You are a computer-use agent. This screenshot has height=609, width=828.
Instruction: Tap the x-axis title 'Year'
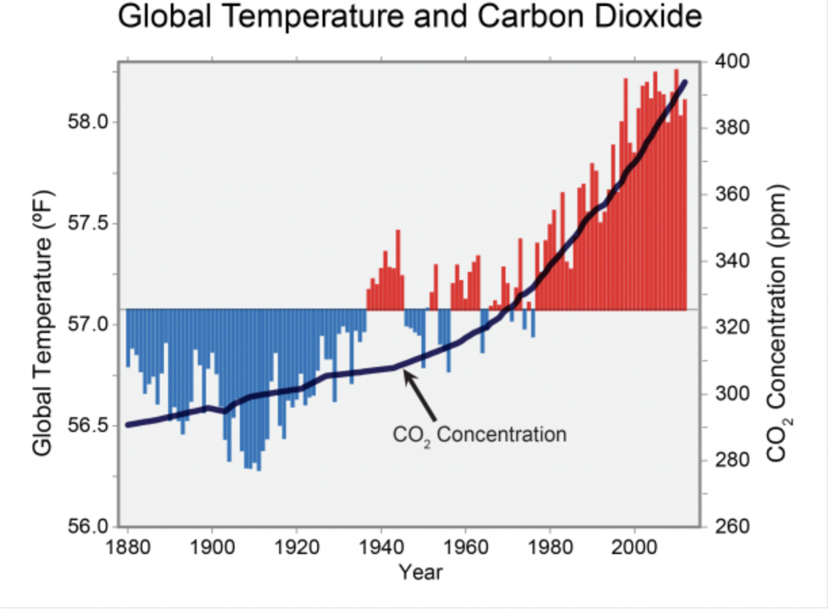click(x=420, y=573)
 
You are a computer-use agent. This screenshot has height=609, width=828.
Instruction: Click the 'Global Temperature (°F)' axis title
click(x=43, y=322)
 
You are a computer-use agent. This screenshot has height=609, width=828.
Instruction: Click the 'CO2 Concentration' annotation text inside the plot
click(x=480, y=433)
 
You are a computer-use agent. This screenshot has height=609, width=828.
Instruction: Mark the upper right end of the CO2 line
click(x=685, y=82)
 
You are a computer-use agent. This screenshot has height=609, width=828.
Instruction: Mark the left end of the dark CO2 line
click(x=127, y=425)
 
